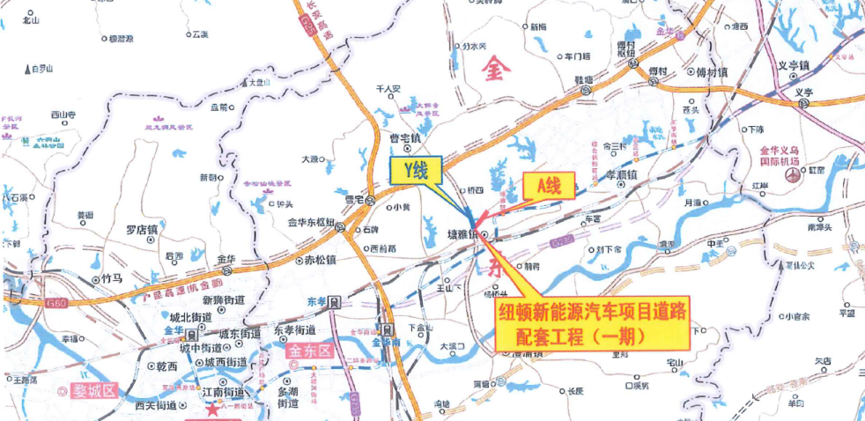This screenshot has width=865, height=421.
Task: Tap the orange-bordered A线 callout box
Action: click(x=549, y=185)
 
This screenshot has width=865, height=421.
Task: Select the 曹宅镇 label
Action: click(x=405, y=139)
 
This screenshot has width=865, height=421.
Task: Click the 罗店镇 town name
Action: click(x=140, y=230)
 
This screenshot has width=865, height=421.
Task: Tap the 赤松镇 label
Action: click(x=320, y=261)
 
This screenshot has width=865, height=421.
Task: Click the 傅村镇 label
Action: click(x=711, y=72)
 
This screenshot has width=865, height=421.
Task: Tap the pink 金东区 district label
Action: click(x=307, y=350)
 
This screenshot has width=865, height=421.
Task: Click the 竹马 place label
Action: click(x=112, y=278)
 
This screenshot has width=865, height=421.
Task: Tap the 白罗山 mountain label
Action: click(x=41, y=68)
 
